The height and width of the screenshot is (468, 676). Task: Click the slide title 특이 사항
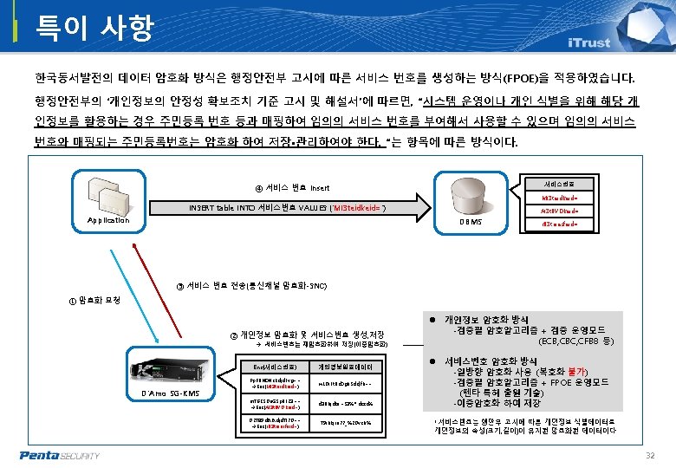point(94,28)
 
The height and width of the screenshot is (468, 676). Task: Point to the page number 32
point(650,456)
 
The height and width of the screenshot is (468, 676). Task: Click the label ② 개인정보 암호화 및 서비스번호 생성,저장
point(308,335)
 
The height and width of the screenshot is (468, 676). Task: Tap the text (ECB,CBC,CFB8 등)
point(577,341)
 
